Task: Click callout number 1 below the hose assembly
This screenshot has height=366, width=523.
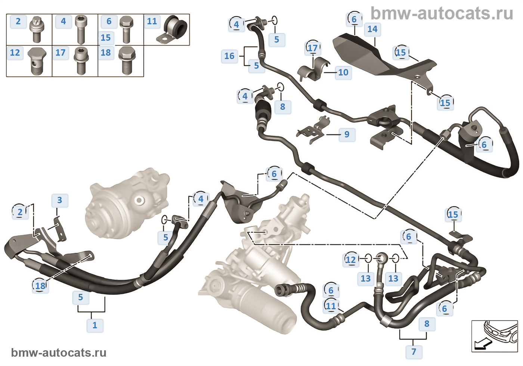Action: pyautogui.click(x=95, y=325)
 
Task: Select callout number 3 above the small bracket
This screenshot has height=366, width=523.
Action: pyautogui.click(x=59, y=200)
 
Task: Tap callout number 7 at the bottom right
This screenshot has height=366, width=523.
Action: pyautogui.click(x=414, y=351)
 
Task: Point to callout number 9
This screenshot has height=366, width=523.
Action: pyautogui.click(x=347, y=134)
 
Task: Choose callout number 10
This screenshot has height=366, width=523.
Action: pyautogui.click(x=343, y=72)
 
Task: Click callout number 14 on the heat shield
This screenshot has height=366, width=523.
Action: pyautogui.click(x=372, y=29)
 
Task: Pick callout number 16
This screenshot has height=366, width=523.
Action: pyautogui.click(x=229, y=56)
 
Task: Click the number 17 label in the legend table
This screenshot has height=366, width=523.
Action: pyautogui.click(x=60, y=53)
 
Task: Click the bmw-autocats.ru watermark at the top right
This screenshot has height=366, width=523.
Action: pyautogui.click(x=442, y=14)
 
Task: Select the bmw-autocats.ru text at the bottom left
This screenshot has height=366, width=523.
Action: pyautogui.click(x=59, y=353)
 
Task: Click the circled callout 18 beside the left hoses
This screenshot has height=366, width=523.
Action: pyautogui.click(x=40, y=286)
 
